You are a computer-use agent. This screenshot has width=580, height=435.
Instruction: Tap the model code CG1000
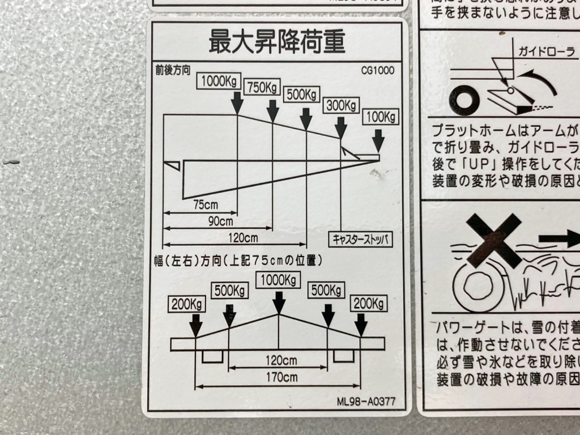pos(377,71)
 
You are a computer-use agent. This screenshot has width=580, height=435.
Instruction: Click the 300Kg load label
pos(342,105)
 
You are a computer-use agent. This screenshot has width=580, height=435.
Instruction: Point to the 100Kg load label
pos(380,117)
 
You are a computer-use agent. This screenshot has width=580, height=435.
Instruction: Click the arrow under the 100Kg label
pos(378,139)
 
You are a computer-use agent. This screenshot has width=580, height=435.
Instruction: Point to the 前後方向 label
pos(173,71)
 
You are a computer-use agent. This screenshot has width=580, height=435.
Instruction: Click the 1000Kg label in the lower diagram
pos(278,280)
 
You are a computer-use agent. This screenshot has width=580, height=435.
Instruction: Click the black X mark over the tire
pos(494,240)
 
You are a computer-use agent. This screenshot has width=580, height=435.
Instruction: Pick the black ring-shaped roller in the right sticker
pos(464,100)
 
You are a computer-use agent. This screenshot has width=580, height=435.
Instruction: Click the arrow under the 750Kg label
pos(272,108)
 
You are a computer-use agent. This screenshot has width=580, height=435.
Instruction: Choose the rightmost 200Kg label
pos(369,304)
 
